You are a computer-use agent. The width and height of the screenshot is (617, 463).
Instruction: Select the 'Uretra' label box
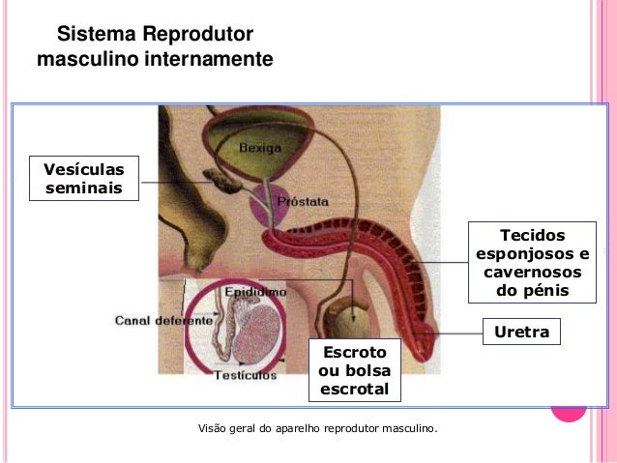(x=521, y=333)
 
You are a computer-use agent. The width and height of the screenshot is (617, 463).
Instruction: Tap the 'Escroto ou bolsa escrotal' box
(x=353, y=370)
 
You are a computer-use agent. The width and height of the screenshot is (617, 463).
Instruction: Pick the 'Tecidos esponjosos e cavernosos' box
(x=533, y=263)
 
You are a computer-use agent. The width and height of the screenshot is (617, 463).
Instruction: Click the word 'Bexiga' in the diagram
(x=260, y=149)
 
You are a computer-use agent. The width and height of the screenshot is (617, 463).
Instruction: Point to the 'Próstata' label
(x=303, y=202)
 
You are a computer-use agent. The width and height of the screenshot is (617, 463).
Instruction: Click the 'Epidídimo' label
(x=254, y=290)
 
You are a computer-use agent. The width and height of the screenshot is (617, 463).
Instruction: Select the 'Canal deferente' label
(x=163, y=319)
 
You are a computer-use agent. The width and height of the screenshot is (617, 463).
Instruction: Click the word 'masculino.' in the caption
(x=409, y=426)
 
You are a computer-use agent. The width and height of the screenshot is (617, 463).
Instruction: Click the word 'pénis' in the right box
(x=532, y=290)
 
